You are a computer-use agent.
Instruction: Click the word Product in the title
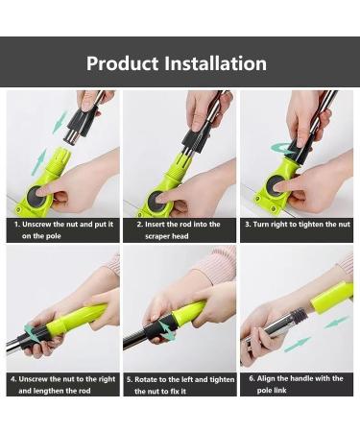[x=123, y=64]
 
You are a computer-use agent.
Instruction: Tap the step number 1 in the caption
[x=16, y=224]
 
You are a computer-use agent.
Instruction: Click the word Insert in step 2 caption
[x=160, y=224]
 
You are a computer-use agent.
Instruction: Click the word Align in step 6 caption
[x=274, y=378]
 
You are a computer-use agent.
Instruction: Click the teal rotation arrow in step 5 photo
[x=165, y=329]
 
